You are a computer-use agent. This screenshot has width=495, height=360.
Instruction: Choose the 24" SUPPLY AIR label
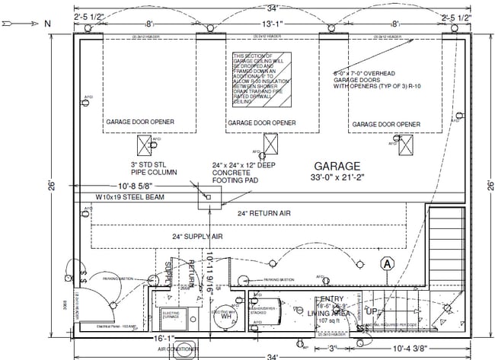[197, 237]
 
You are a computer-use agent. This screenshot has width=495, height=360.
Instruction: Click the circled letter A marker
[387, 264]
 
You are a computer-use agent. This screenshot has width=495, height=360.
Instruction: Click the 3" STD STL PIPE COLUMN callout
[152, 167]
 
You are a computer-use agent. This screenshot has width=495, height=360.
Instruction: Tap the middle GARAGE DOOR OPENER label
[261, 123]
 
